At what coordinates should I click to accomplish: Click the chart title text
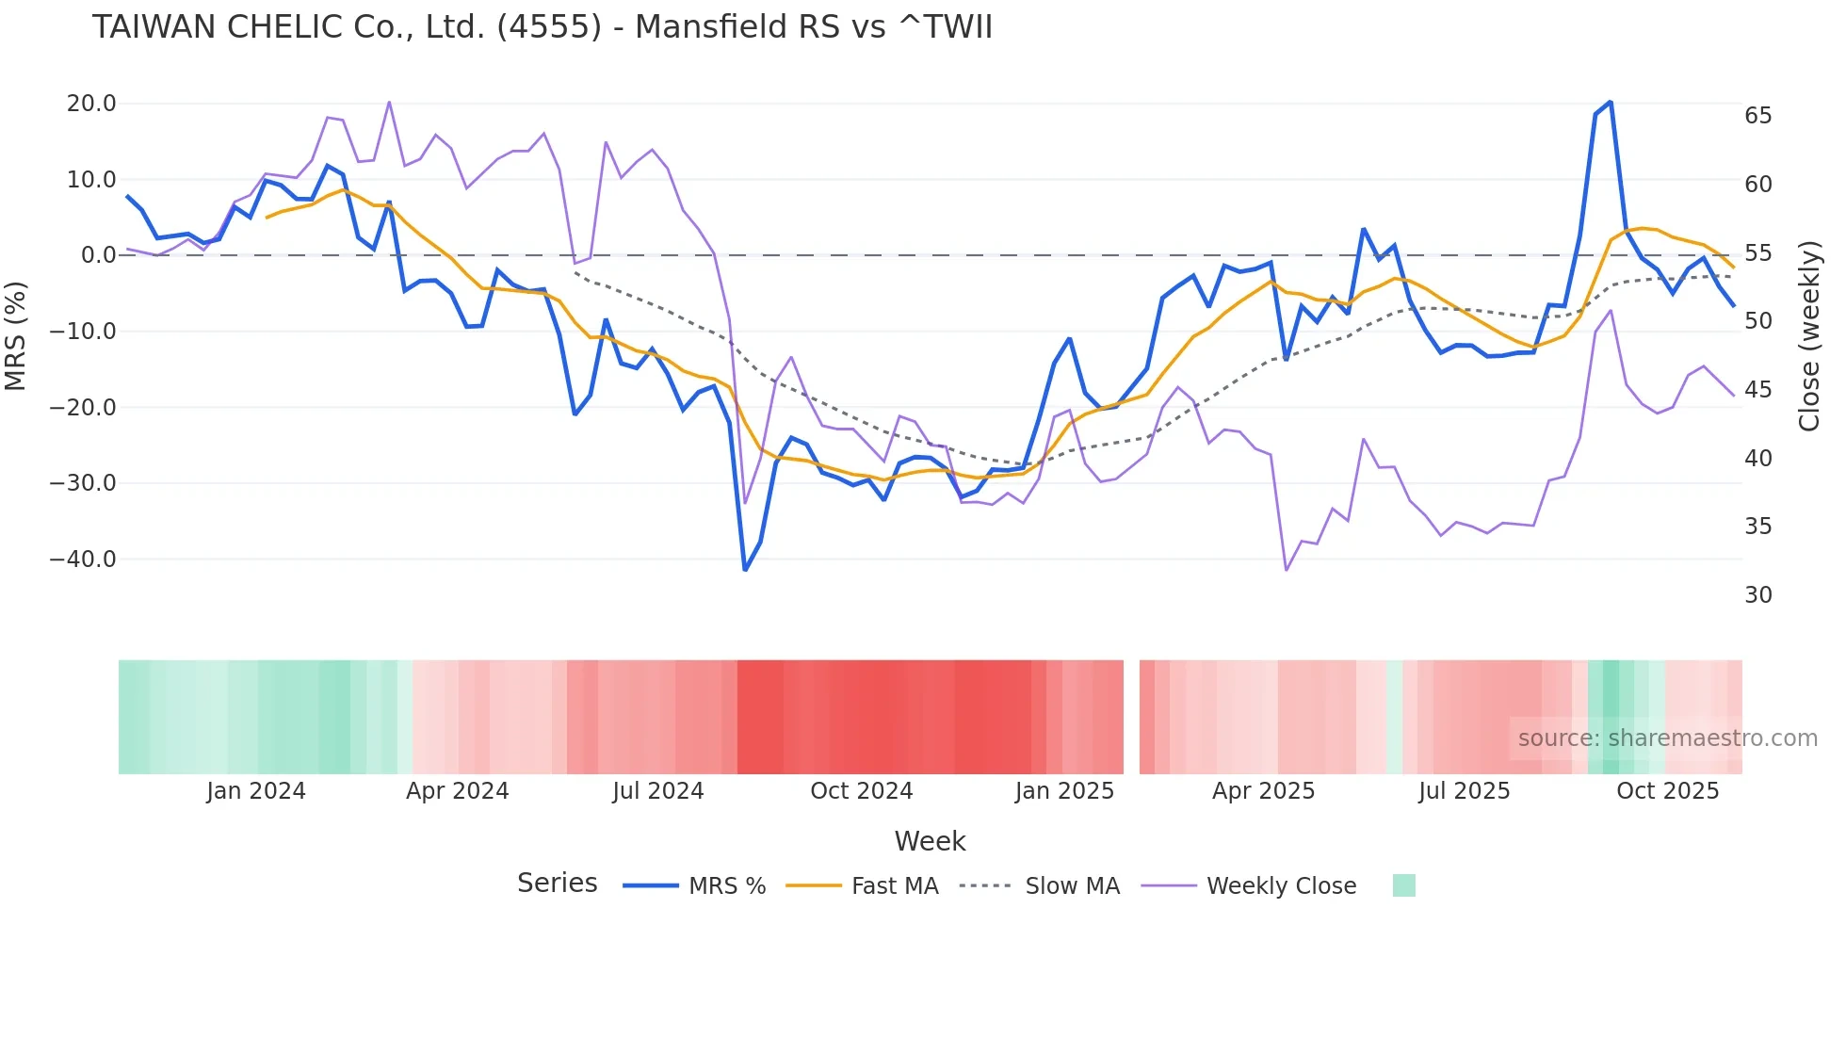tap(542, 27)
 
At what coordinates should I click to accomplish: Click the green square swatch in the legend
tap(1403, 885)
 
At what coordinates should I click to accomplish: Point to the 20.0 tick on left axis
tap(91, 104)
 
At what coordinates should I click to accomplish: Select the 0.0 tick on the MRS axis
tap(98, 255)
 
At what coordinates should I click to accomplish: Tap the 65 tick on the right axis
tap(1757, 116)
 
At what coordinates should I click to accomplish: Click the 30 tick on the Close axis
tap(1757, 595)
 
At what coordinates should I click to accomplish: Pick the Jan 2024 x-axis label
tap(256, 791)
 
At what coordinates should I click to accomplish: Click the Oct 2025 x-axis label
tap(1667, 791)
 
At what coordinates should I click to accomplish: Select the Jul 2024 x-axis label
tap(657, 791)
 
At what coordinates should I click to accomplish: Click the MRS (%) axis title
tap(15, 335)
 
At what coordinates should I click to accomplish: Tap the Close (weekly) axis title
tap(1808, 335)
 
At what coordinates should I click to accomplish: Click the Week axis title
tap(930, 841)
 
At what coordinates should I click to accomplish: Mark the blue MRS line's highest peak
tap(1611, 102)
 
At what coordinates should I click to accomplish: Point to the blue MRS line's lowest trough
tap(745, 569)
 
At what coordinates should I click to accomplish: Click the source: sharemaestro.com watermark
tap(1667, 738)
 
